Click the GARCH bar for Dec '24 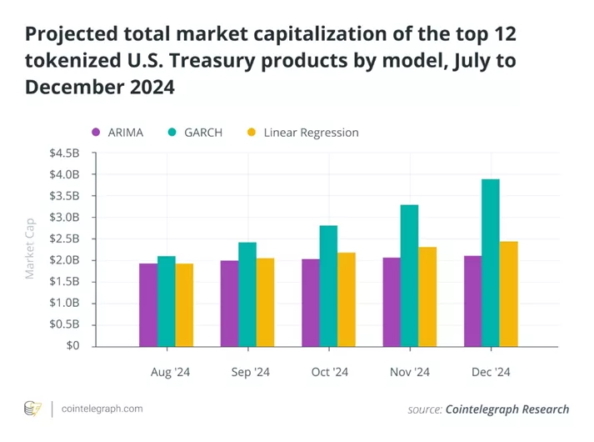tap(491, 263)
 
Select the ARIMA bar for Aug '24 tap(148, 304)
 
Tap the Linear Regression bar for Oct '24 tap(346, 299)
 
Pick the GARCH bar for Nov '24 tap(409, 275)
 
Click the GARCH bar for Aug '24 tap(167, 301)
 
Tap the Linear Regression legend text tap(311, 133)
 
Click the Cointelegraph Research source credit tap(507, 409)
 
